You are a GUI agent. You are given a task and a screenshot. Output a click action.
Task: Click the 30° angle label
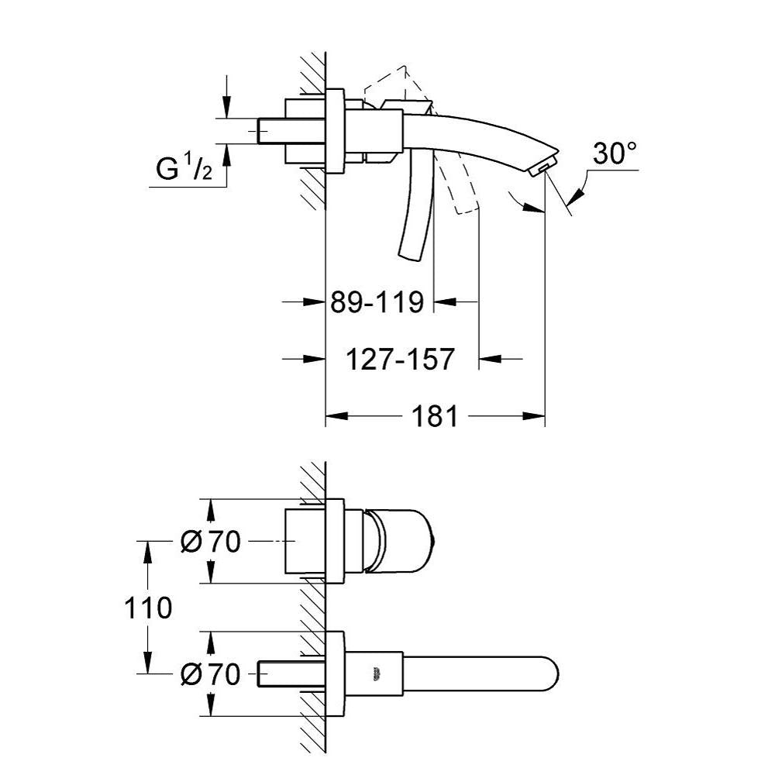pyautogui.click(x=615, y=153)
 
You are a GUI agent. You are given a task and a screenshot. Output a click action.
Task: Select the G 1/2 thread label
pyautogui.click(x=184, y=167)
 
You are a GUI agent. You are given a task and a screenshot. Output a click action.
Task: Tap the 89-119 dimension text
pyautogui.click(x=377, y=301)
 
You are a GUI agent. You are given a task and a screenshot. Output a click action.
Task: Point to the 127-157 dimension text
pyautogui.click(x=400, y=359)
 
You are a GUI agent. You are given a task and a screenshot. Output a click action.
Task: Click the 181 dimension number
pyautogui.click(x=435, y=416)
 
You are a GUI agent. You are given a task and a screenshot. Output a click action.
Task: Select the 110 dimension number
pyautogui.click(x=148, y=608)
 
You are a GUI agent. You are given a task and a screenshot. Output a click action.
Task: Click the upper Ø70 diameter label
pyautogui.click(x=211, y=542)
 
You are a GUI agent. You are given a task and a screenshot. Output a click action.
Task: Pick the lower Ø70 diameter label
pyautogui.click(x=211, y=673)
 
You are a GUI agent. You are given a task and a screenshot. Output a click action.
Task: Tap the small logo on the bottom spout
pyautogui.click(x=377, y=673)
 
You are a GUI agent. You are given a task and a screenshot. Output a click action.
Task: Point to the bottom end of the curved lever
pyautogui.click(x=409, y=256)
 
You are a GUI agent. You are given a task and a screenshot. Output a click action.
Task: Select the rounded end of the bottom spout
pyautogui.click(x=552, y=674)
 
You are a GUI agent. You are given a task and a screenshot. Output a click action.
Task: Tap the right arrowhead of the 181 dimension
pyautogui.click(x=534, y=416)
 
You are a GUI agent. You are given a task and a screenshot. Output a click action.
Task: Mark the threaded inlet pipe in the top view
pyautogui.click(x=271, y=131)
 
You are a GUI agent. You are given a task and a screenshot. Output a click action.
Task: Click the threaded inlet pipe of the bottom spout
pyautogui.click(x=271, y=673)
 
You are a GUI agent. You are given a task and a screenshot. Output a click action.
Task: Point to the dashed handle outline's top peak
pyautogui.click(x=405, y=66)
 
